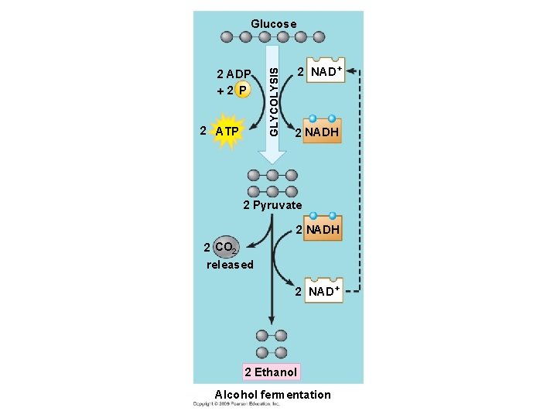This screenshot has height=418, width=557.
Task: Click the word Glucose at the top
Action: [273, 24]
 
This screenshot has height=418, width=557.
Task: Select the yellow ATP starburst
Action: [227, 131]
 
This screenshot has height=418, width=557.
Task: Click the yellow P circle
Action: [242, 90]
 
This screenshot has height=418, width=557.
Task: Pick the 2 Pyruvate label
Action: [272, 205]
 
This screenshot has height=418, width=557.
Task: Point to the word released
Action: [230, 265]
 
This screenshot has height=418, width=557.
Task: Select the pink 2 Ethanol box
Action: [271, 372]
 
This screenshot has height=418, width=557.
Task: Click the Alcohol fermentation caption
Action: [272, 395]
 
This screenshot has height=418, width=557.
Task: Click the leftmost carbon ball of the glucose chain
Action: [227, 36]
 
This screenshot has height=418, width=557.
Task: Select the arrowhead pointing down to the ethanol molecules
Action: [272, 320]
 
